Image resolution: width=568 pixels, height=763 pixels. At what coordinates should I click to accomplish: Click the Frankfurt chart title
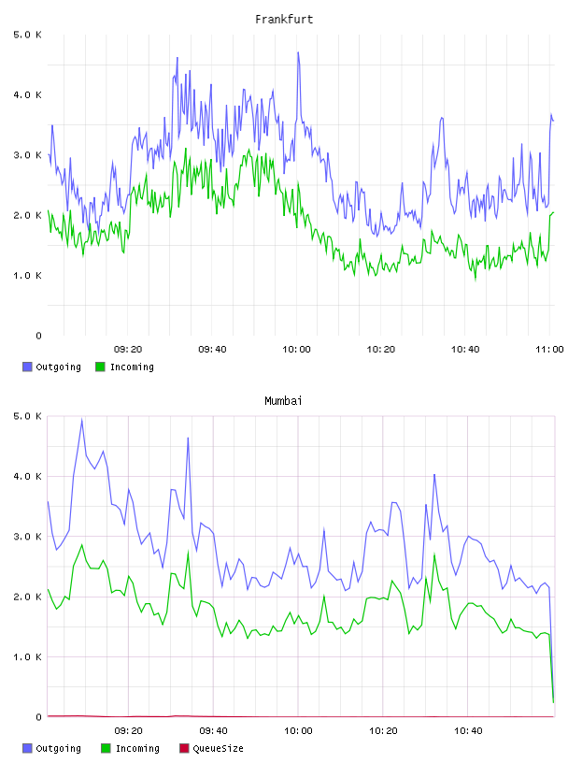point(284,20)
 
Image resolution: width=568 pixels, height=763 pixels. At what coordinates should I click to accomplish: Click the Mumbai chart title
point(283,401)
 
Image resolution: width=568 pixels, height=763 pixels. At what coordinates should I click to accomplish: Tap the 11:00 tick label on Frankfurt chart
point(549,350)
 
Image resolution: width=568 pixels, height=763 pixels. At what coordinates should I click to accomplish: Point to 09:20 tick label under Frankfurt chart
point(128,350)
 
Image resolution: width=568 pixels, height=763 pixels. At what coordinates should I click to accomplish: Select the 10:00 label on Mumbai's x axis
point(298,731)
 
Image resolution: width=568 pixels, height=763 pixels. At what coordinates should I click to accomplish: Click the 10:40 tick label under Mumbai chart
point(468,731)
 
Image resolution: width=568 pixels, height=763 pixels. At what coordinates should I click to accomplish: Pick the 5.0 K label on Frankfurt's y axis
point(27,35)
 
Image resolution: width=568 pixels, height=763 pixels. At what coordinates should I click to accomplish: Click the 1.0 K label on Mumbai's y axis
point(27,657)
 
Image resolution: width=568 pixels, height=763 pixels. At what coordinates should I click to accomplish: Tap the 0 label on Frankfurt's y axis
point(38,336)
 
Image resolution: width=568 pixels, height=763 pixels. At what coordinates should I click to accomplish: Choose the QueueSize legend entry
point(211,748)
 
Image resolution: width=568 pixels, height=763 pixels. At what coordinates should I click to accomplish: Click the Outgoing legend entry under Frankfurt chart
point(52,367)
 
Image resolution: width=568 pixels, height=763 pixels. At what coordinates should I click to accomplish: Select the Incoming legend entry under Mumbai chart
point(131,748)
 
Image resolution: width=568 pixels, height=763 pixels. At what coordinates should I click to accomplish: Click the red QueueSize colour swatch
point(184,748)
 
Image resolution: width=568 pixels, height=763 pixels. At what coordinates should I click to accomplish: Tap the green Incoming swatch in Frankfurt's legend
point(100,367)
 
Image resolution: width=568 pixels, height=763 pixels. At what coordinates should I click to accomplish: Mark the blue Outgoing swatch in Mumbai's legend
point(27,748)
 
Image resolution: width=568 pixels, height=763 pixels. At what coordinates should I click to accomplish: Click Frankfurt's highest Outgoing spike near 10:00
point(298,52)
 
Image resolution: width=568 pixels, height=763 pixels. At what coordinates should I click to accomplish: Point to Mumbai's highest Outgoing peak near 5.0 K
point(81,419)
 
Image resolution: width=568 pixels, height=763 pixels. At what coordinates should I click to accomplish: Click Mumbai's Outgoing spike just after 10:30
point(434,474)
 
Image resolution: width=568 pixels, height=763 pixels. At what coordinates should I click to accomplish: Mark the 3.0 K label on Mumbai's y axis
point(27,536)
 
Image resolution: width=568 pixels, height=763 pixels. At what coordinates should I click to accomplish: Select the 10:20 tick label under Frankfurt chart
point(381,350)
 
